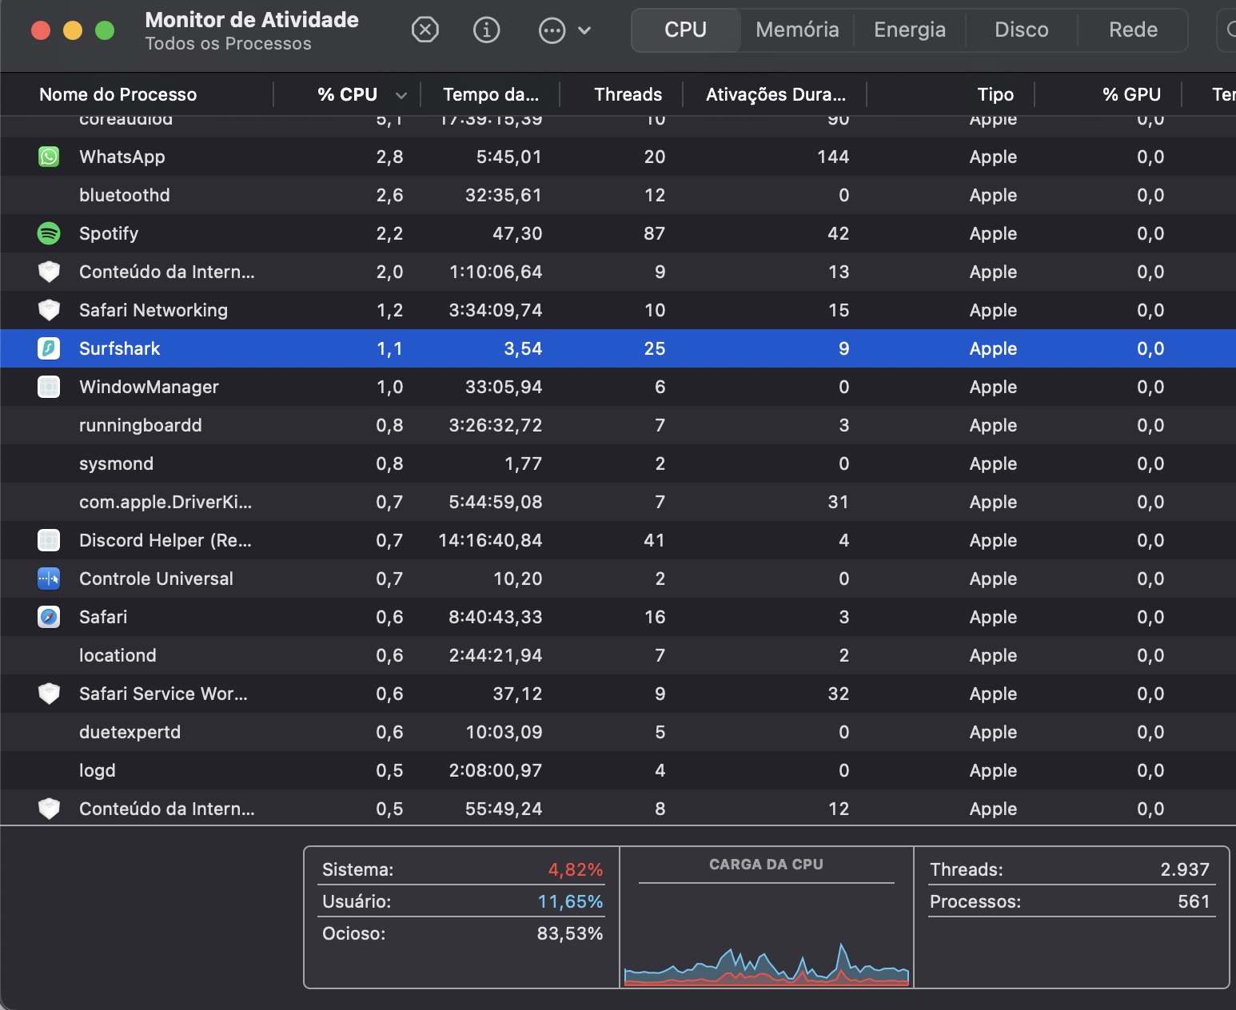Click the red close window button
pos(41,30)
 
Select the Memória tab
pos(797,30)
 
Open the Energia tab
pos(909,30)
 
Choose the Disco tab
pos(1021,30)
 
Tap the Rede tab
pos(1133,30)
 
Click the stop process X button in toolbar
pos(425,30)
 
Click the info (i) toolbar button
pos(486,30)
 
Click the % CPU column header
pos(347,94)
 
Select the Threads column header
pos(628,94)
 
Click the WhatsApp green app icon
pos(49,157)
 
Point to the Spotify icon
pos(49,233)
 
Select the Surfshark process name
pos(119,348)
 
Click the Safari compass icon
pos(49,617)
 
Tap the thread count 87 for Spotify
pos(654,233)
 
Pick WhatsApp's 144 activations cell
pos(832,157)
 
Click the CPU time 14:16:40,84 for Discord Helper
pos(490,540)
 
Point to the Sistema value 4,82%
pos(575,869)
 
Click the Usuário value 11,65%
pos(570,901)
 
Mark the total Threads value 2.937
pos(1184,869)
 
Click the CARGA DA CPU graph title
pos(766,865)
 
